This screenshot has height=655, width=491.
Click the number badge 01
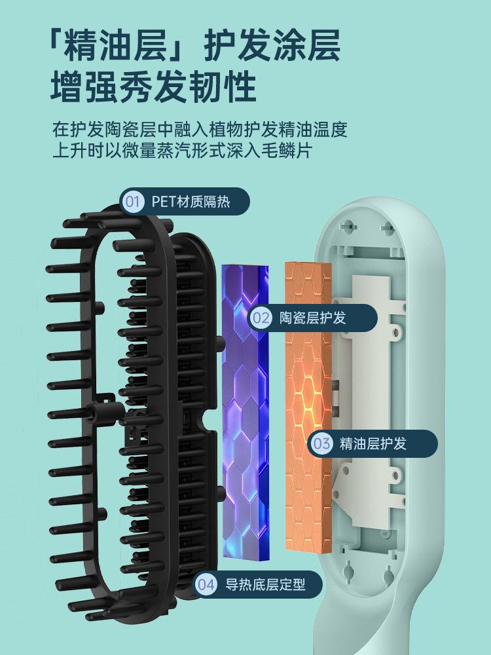coord(133,201)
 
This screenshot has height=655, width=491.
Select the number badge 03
coord(322,443)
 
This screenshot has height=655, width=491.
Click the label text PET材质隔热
coord(191,201)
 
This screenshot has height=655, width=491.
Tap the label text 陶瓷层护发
coord(313,318)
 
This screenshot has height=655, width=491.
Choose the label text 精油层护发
coord(373,443)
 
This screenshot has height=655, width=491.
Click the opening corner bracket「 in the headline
coord(60,46)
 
